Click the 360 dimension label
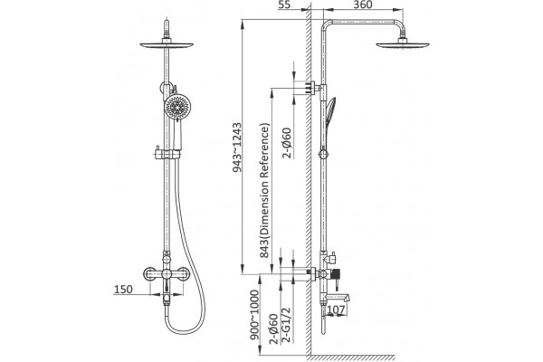(363, 5)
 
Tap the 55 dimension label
(284, 5)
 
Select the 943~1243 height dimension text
(237, 148)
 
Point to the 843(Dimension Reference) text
(264, 190)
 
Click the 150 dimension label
(123, 290)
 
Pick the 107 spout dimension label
(336, 310)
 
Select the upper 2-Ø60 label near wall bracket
(287, 143)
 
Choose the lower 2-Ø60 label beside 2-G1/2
(273, 329)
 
